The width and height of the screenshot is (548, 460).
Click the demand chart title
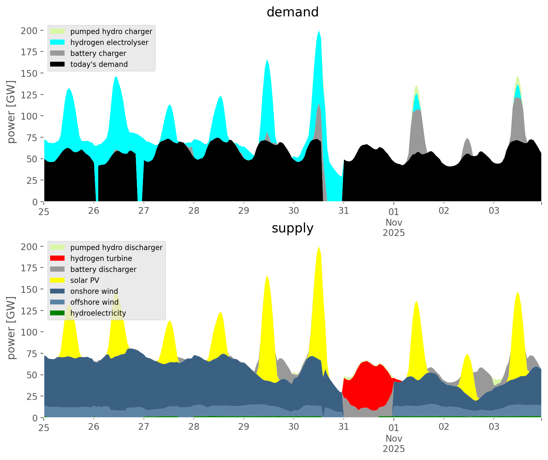pos(292,12)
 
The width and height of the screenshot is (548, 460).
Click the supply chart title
pos(292,228)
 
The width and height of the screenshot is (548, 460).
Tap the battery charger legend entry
pos(98,53)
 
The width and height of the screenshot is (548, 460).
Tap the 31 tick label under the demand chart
pos(344,211)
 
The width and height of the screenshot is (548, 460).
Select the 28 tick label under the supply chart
pos(194,427)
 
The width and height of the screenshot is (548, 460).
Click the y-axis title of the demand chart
pos(11,112)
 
